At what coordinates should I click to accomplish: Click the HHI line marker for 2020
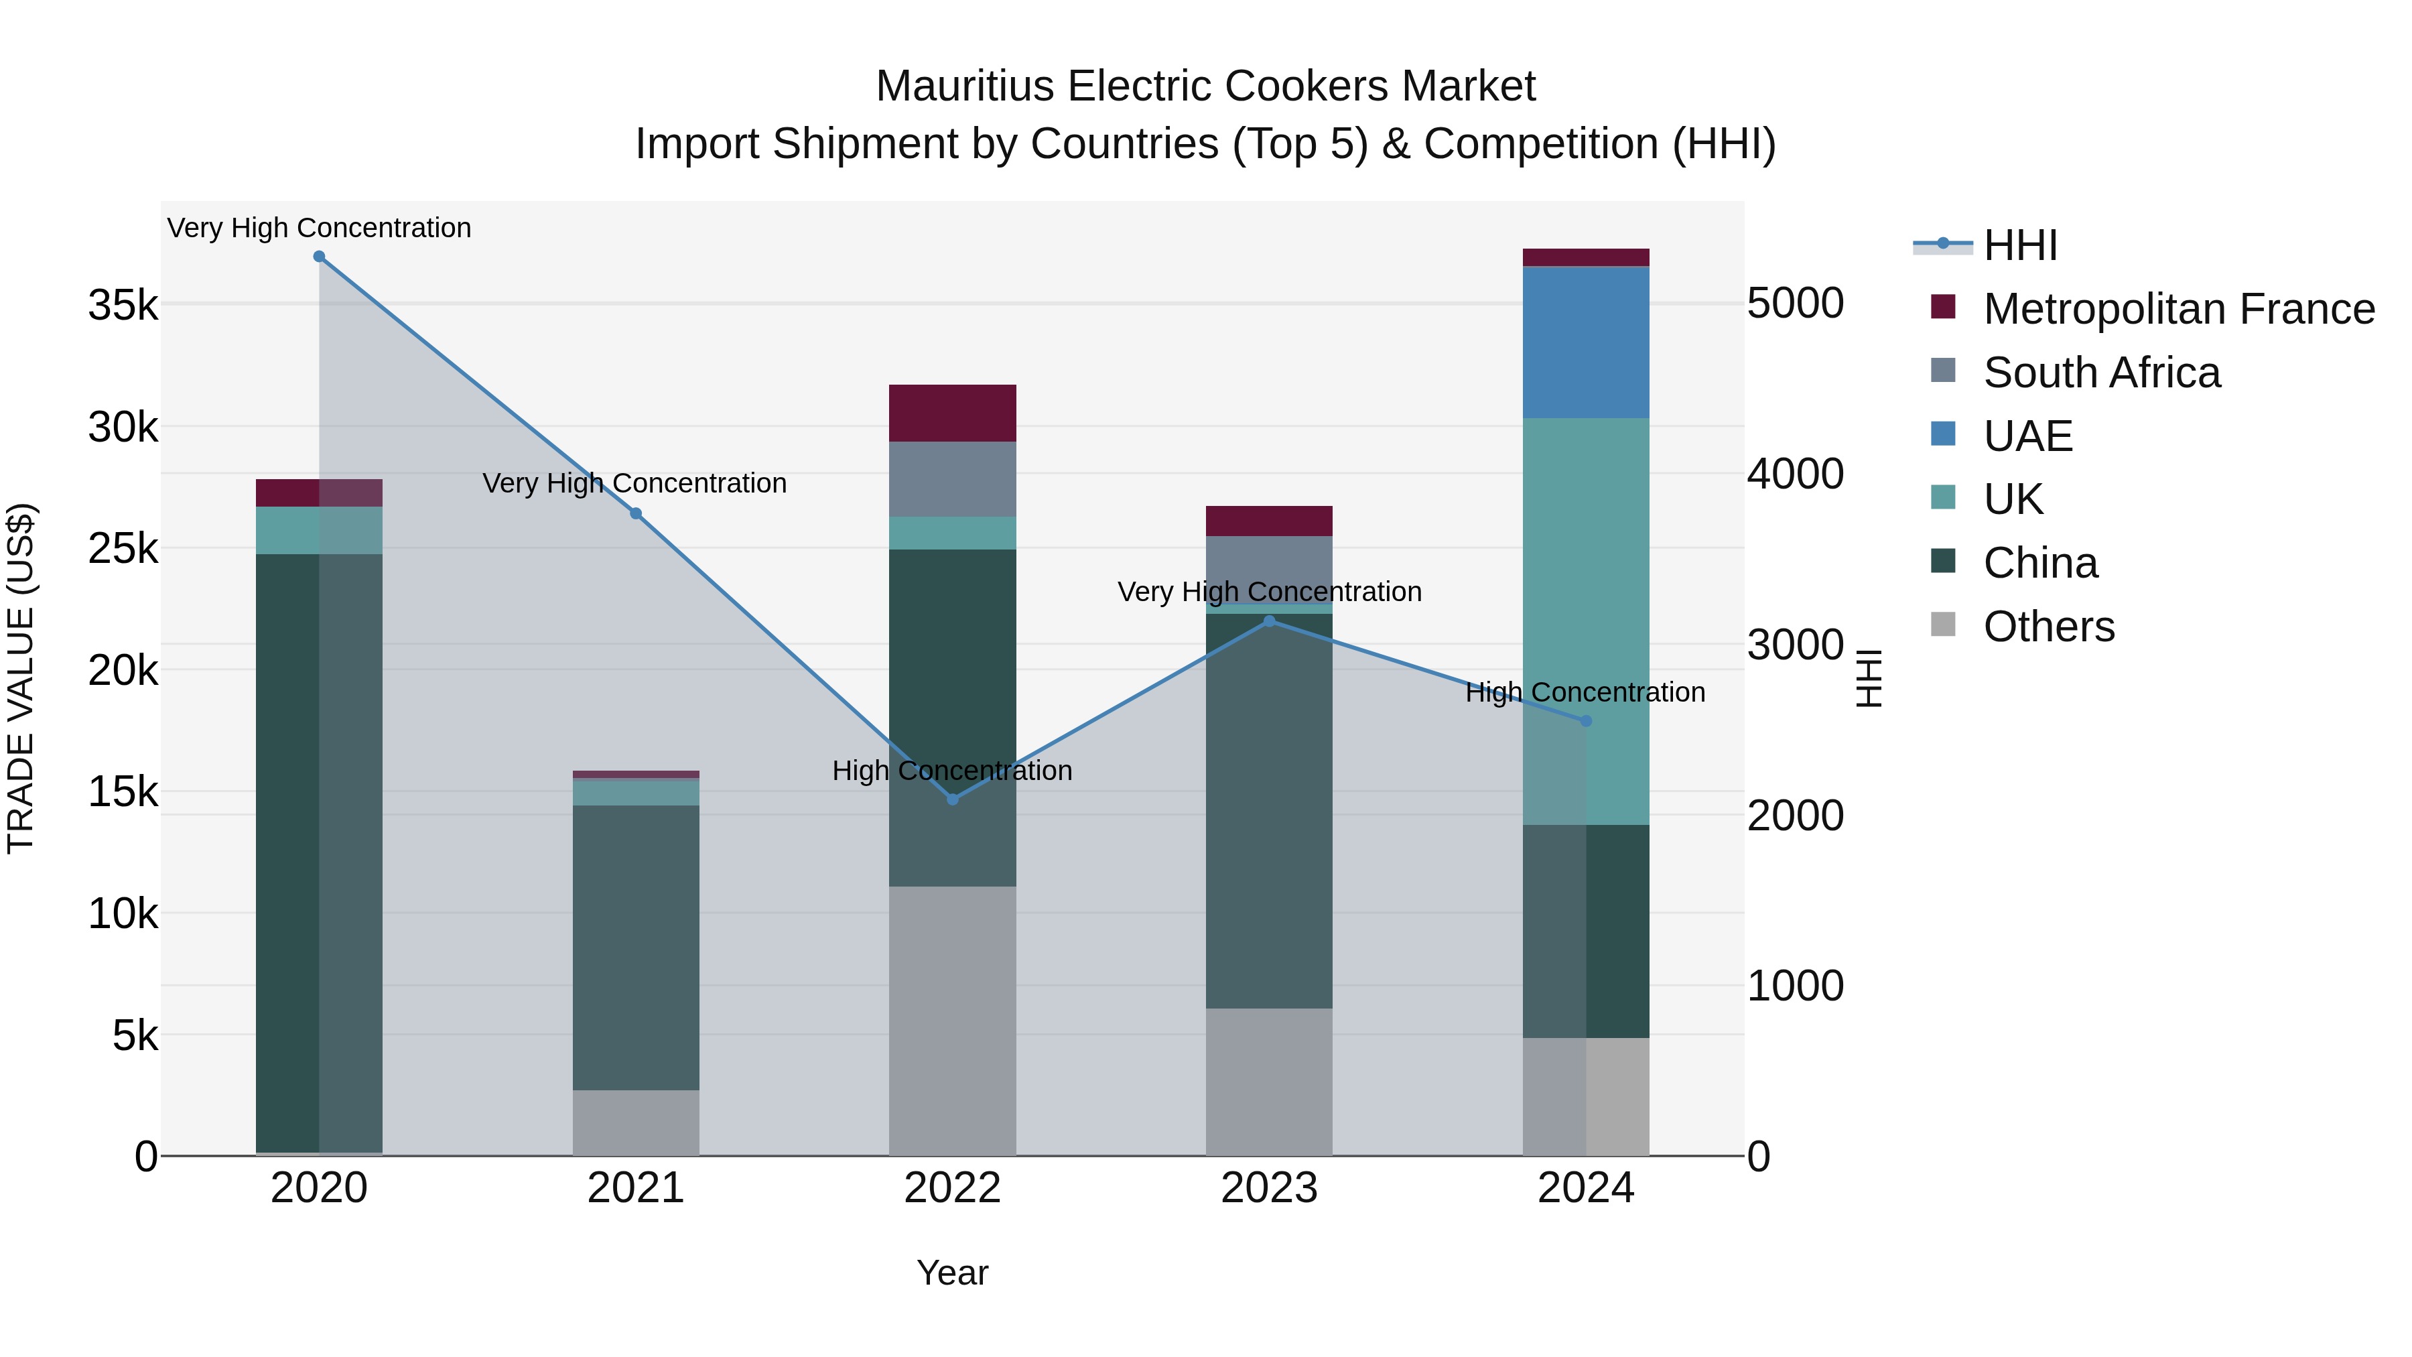pyautogui.click(x=320, y=257)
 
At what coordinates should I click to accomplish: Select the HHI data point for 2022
pyautogui.click(x=952, y=799)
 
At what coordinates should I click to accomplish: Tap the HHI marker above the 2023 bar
pyautogui.click(x=1270, y=621)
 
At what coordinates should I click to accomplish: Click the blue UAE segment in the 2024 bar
pyautogui.click(x=1585, y=342)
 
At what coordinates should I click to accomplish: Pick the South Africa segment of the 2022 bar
pyautogui.click(x=952, y=480)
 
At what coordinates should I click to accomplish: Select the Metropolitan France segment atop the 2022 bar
pyautogui.click(x=952, y=413)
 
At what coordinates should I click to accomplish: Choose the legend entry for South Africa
pyautogui.click(x=2100, y=373)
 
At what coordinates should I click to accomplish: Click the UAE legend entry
pyautogui.click(x=2027, y=436)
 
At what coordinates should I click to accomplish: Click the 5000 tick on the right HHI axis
pyautogui.click(x=1795, y=304)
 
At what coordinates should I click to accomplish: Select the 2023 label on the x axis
pyautogui.click(x=1269, y=1188)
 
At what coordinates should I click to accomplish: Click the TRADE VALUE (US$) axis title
pyautogui.click(x=21, y=678)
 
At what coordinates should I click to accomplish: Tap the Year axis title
pyautogui.click(x=952, y=1273)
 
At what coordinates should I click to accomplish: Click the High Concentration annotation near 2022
pyautogui.click(x=952, y=771)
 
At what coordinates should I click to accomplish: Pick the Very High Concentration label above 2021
pyautogui.click(x=635, y=483)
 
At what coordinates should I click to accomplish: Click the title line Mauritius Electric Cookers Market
pyautogui.click(x=1205, y=86)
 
